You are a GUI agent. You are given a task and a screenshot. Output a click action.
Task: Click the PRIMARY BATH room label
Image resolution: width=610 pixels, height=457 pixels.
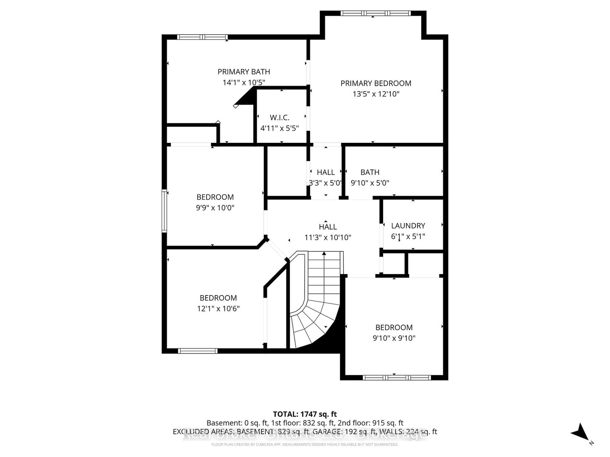tap(244, 72)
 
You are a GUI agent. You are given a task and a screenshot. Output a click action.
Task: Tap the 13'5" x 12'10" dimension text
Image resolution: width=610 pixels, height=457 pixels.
tap(376, 94)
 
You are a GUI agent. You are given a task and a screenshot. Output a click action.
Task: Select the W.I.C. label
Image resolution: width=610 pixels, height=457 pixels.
tap(279, 118)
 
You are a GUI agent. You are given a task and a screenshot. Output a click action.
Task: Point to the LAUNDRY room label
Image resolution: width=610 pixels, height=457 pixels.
tap(408, 225)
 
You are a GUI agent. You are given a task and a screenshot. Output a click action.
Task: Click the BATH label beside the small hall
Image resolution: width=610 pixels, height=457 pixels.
tap(370, 172)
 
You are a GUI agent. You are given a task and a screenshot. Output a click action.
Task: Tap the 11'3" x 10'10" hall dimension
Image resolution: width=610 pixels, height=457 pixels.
tap(327, 238)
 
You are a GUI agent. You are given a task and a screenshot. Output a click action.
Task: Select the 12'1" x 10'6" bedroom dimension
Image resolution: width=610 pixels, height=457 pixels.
tap(218, 308)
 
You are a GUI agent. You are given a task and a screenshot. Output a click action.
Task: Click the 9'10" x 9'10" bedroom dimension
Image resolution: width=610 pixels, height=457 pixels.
tap(394, 338)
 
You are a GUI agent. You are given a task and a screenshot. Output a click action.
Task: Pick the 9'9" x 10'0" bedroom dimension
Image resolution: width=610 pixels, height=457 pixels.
tap(215, 208)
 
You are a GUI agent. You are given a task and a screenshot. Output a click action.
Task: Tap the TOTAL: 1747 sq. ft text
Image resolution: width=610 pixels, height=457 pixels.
tap(305, 414)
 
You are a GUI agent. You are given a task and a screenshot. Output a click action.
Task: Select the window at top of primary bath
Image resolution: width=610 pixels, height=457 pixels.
tap(202, 37)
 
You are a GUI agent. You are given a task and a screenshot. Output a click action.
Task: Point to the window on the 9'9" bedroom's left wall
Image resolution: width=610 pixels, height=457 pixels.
tap(165, 211)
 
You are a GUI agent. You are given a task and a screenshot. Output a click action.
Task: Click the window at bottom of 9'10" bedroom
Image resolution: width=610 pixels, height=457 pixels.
tap(396, 377)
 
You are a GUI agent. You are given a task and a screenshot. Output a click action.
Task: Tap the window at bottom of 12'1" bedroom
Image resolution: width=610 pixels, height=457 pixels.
tap(197, 351)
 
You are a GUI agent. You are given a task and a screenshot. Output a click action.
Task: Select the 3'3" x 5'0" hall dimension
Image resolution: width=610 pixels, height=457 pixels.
tap(325, 183)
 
